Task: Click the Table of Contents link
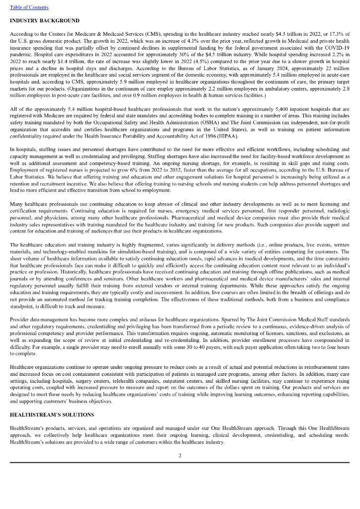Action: pos(29,7)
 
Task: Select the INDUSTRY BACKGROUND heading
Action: pos(44,20)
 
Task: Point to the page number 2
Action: pos(180,456)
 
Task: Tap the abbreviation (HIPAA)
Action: pos(227,135)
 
